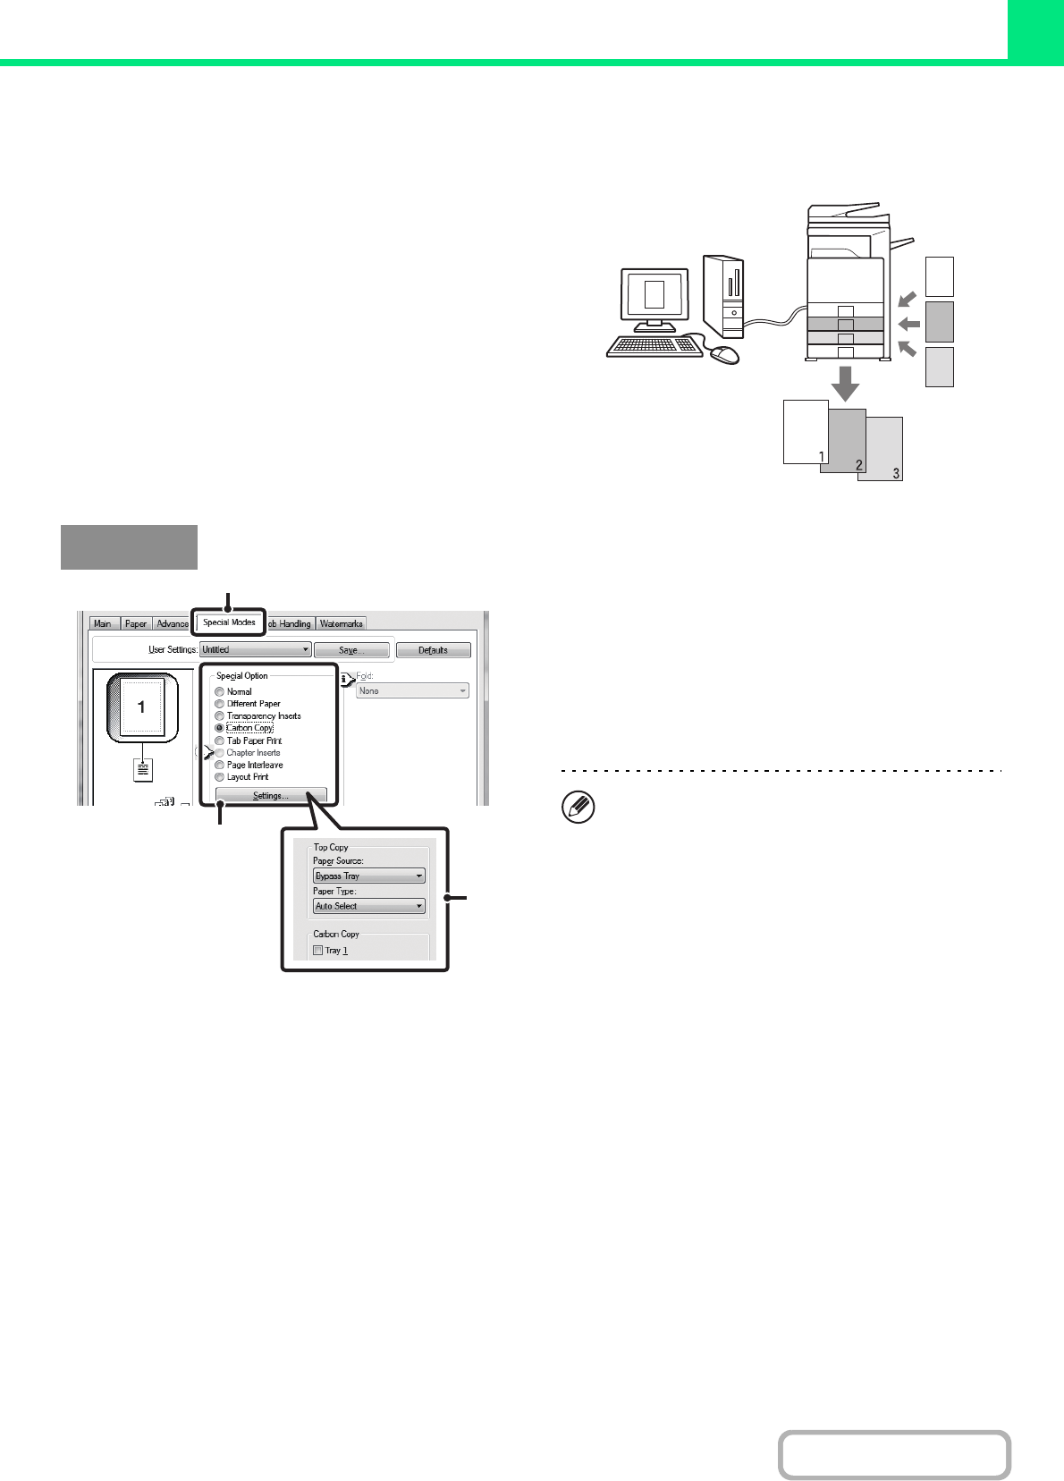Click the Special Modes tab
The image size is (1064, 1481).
click(x=229, y=622)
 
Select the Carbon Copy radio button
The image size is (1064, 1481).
click(x=220, y=728)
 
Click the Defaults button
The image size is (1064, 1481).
click(x=433, y=650)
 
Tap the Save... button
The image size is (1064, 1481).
click(x=351, y=650)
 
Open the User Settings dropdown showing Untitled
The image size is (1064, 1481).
click(x=256, y=650)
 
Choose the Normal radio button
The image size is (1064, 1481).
click(x=220, y=692)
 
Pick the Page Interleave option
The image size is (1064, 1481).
click(x=220, y=766)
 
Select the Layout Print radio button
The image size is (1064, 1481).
click(x=220, y=777)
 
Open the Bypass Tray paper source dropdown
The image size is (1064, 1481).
click(x=368, y=876)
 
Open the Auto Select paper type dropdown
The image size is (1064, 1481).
click(x=368, y=906)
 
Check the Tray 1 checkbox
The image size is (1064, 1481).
click(x=318, y=951)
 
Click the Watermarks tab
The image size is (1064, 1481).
click(x=341, y=623)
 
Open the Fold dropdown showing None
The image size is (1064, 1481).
click(x=412, y=691)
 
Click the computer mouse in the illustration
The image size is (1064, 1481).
click(x=725, y=354)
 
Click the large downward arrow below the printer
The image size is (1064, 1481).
click(x=845, y=382)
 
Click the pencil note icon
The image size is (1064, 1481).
click(x=578, y=808)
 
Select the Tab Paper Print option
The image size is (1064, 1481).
click(x=220, y=741)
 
